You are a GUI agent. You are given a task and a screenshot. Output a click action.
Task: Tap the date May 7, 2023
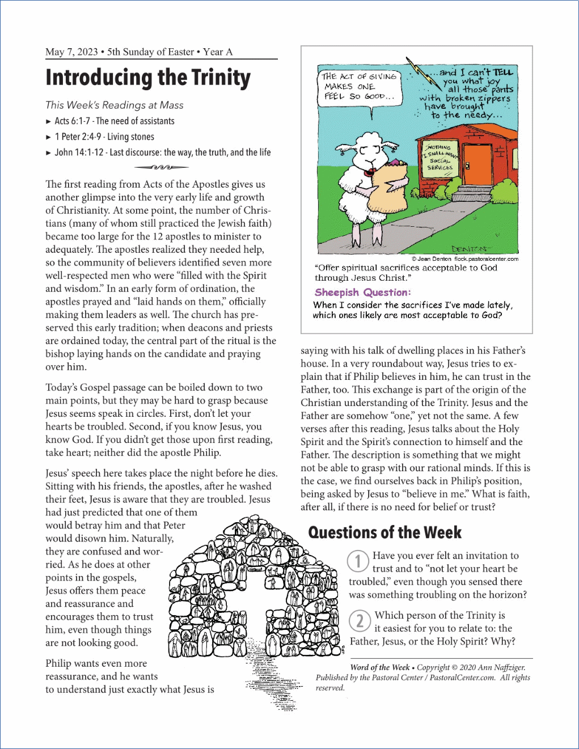click(71, 52)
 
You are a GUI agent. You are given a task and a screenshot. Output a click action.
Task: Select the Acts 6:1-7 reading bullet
click(114, 121)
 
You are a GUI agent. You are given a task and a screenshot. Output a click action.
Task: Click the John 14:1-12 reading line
click(162, 153)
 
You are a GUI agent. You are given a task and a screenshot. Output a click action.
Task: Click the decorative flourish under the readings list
click(162, 167)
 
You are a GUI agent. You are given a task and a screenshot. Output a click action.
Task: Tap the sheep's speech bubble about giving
click(358, 86)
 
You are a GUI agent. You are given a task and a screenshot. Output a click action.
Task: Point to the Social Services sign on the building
click(440, 157)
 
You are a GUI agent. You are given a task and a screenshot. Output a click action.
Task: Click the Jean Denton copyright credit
click(464, 259)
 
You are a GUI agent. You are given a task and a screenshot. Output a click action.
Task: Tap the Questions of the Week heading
click(384, 532)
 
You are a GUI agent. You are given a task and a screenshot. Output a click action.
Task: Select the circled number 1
click(358, 561)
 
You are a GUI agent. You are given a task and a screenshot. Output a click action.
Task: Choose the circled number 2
click(360, 621)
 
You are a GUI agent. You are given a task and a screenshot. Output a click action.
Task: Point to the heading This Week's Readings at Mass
click(114, 105)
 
